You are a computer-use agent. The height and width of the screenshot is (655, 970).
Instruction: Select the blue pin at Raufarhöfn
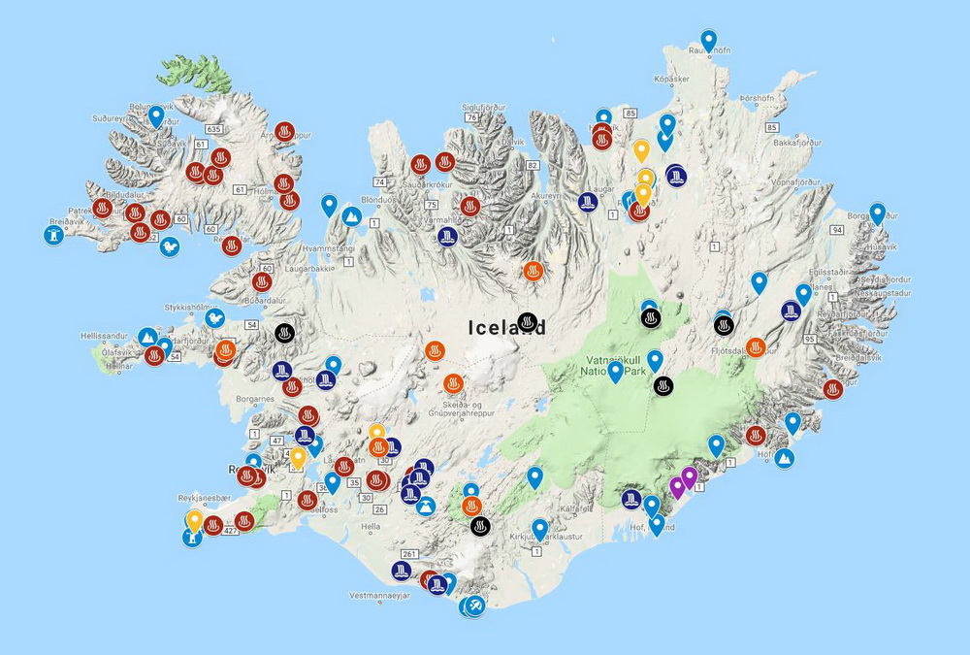pos(709,41)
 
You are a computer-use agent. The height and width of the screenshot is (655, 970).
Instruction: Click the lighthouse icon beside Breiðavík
pos(54,234)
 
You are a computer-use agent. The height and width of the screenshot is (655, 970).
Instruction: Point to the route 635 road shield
pos(214,128)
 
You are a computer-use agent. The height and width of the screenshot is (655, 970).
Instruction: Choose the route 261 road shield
pos(408,555)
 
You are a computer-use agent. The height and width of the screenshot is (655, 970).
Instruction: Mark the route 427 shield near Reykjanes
pos(231,531)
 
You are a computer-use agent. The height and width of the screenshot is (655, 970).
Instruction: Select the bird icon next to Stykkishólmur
pos(215,316)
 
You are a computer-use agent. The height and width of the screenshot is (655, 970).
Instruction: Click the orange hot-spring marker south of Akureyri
pos(533,271)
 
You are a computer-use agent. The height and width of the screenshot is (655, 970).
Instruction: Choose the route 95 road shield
pos(810,339)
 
